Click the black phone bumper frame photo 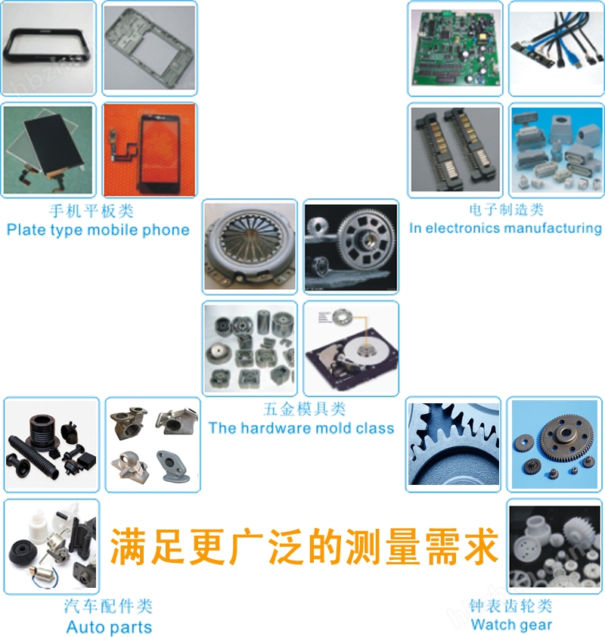(48, 48)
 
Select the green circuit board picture (455, 48)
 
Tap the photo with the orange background (150, 150)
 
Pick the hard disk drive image (351, 349)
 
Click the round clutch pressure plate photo (250, 247)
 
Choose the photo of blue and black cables (557, 48)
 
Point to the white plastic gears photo (554, 546)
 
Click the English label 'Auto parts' (109, 627)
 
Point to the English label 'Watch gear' (512, 624)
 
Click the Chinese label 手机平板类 (92, 211)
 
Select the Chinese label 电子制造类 (507, 210)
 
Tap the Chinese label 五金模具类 (305, 409)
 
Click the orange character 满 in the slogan (129, 546)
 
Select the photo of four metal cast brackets (153, 445)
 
